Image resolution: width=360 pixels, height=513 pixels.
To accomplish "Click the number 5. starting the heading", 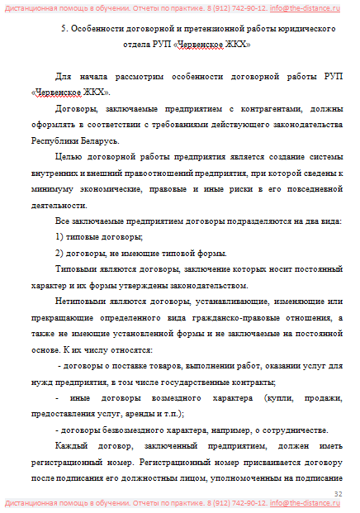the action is pyautogui.click(x=65, y=29).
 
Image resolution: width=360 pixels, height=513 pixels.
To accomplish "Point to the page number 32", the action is pyautogui.click(x=338, y=493).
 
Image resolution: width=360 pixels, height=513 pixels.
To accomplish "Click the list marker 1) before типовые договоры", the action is pyautogui.click(x=59, y=237).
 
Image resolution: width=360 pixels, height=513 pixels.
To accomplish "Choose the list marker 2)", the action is pyautogui.click(x=59, y=253).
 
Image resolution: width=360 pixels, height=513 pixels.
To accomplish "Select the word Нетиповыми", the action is pyautogui.click(x=85, y=302).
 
